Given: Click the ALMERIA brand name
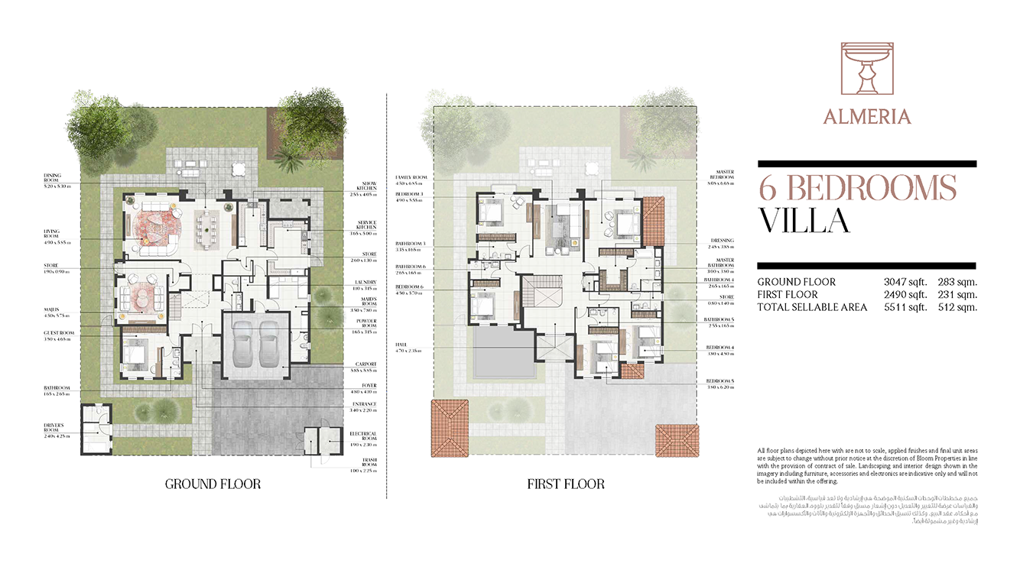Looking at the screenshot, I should pos(866,117).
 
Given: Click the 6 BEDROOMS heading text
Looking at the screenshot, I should pos(857,188).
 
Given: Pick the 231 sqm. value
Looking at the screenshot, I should pos(957,295).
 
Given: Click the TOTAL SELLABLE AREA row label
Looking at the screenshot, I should pos(812,307).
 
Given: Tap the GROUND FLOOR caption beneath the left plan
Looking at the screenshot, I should pos(213,484).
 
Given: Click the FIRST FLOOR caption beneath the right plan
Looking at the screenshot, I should pos(565,484).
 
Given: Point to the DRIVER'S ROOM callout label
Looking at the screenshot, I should pos(54,428).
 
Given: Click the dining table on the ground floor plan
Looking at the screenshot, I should pos(207,226).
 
